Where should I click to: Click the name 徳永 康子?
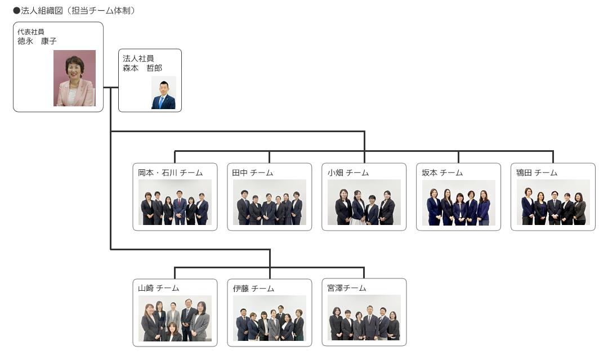click(37, 41)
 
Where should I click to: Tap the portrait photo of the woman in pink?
click(74, 78)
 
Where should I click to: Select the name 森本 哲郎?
click(142, 68)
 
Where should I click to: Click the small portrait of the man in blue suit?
click(164, 92)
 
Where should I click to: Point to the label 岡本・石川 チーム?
click(170, 173)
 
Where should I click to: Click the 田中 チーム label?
click(253, 173)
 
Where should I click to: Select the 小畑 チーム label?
click(348, 173)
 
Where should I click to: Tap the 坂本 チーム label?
click(442, 173)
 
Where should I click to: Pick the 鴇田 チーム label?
click(537, 173)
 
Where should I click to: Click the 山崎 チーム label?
click(159, 288)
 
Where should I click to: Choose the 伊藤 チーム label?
click(253, 288)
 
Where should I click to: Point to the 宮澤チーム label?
click(347, 288)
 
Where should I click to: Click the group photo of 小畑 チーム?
click(364, 202)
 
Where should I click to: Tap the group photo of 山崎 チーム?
click(175, 318)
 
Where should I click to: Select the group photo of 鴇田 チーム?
click(553, 202)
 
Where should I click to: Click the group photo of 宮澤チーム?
click(364, 318)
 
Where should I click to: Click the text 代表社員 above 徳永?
click(31, 31)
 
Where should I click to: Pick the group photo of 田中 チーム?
click(270, 202)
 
